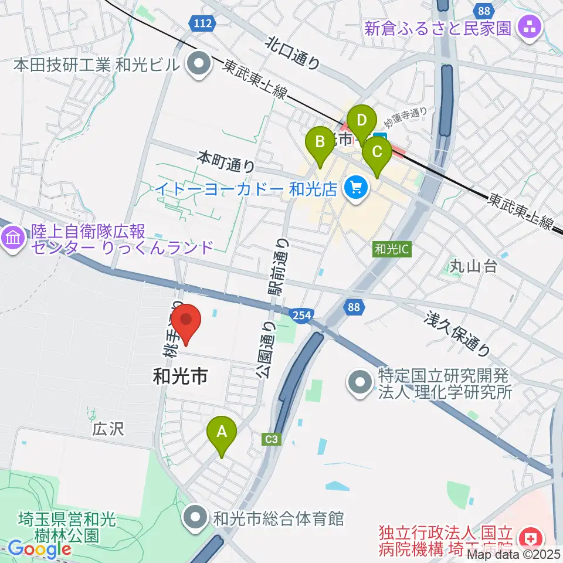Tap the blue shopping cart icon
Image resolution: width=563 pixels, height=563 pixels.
pyautogui.click(x=355, y=188)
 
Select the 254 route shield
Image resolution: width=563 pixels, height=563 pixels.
pyautogui.click(x=301, y=316)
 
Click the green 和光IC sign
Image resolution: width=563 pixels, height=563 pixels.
pyautogui.click(x=392, y=249)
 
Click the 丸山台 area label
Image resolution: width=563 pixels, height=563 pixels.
pyautogui.click(x=474, y=266)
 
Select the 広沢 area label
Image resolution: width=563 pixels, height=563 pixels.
pyautogui.click(x=107, y=430)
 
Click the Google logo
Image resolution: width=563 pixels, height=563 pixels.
pyautogui.click(x=39, y=550)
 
